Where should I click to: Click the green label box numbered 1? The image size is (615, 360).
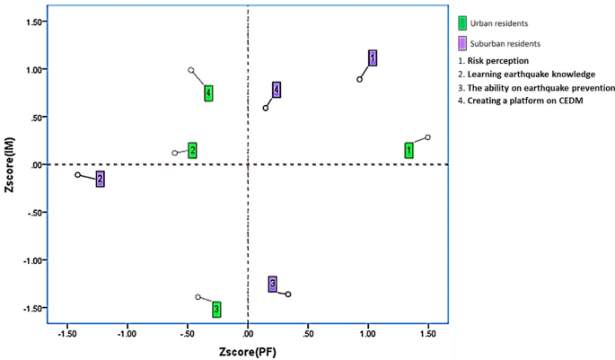pos(409,150)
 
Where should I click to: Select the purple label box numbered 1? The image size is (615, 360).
pos(373,58)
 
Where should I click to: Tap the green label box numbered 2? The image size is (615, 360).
pos(192,150)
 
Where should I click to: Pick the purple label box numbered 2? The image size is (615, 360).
pos(101,180)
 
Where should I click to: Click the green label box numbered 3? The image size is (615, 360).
pos(216,309)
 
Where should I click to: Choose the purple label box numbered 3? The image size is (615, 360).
pos(272,284)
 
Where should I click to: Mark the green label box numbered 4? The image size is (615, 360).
pos(208,92)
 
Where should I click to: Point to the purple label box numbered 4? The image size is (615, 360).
pos(277,89)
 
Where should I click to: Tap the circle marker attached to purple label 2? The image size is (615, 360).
pos(77,175)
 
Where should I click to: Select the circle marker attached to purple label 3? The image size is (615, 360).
pos(288,294)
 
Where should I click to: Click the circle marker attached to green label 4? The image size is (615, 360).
pos(191,70)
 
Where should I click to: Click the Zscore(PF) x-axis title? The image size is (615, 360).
pos(247,351)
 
